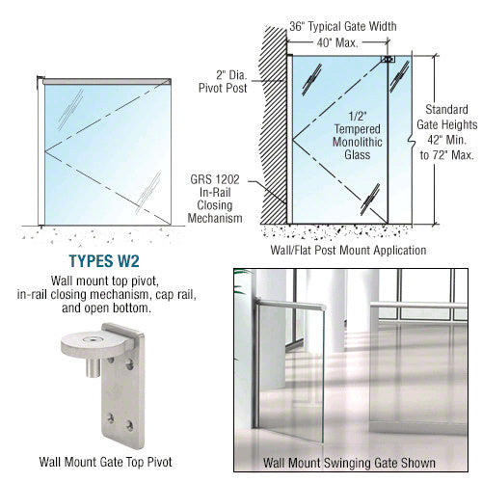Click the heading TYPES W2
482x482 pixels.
tap(110, 259)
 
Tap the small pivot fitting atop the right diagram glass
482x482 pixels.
tap(388, 60)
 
